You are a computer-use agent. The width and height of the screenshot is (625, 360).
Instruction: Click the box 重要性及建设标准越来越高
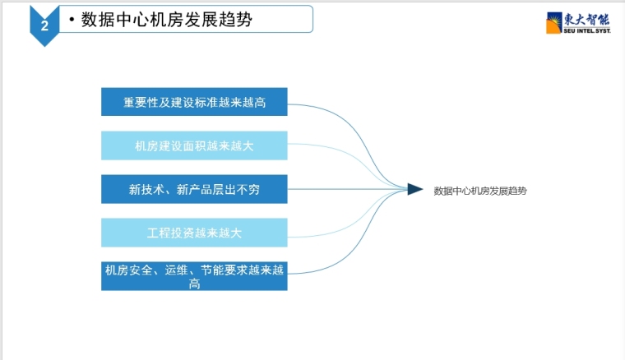(194, 102)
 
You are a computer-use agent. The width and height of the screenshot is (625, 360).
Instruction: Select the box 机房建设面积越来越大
(194, 145)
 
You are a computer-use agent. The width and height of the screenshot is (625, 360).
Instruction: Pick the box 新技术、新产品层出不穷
(194, 189)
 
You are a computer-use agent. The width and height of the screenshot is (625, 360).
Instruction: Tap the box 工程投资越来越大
(194, 233)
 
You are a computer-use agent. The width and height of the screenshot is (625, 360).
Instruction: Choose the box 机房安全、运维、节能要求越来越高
(194, 276)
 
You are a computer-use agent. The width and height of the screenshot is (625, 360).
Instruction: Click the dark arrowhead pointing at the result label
(414, 189)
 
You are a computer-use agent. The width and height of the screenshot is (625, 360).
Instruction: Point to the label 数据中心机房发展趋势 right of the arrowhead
(480, 190)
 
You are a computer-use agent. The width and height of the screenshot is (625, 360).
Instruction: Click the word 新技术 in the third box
(141, 189)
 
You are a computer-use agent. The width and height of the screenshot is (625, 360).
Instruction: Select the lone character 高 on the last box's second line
(194, 284)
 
